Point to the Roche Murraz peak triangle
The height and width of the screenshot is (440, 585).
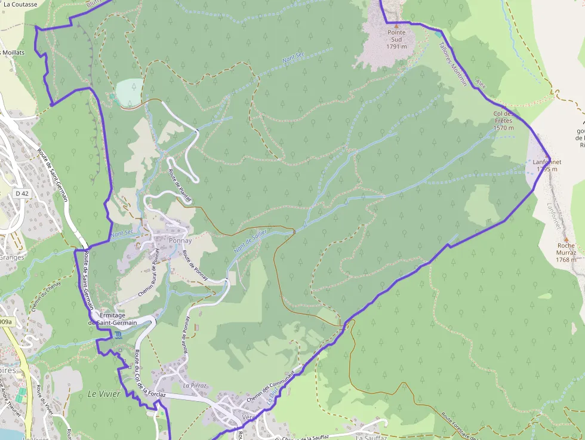pos(566,239)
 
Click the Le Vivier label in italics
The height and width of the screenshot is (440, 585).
pos(104,394)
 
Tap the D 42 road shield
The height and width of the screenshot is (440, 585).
pos(22,193)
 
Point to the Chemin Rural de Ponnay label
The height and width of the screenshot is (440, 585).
pos(150,274)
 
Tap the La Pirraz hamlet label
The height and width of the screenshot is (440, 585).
pos(195,386)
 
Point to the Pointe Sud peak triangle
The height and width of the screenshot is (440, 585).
pos(396,24)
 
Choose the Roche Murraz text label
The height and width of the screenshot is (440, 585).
pos(566,253)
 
